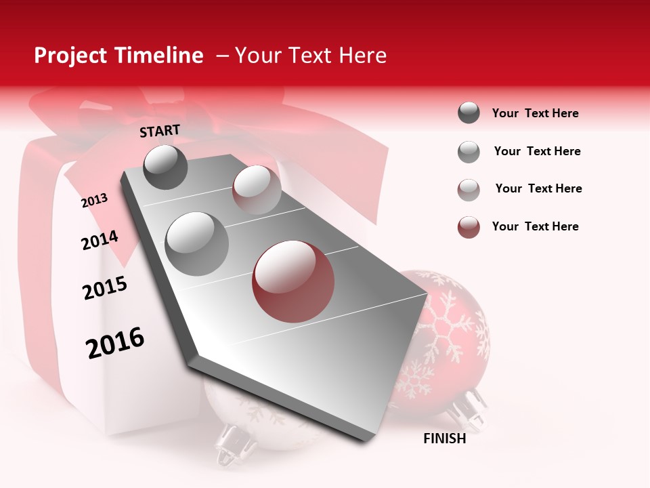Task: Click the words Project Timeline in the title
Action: point(118,56)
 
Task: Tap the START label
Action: point(160,131)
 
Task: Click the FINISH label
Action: point(444,439)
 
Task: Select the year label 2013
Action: point(94,201)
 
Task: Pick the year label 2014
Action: point(100,241)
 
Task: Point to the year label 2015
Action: point(105,289)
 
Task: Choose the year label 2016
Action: point(115,343)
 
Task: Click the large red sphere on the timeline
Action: point(293,281)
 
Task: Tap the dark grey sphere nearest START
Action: point(165,167)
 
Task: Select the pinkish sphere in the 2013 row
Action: point(257,190)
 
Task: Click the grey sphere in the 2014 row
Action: point(196,243)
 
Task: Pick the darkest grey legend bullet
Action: point(469,113)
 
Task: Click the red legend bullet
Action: point(469,227)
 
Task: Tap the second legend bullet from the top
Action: point(469,152)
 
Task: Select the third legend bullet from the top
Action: point(469,189)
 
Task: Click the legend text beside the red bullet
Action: point(535,226)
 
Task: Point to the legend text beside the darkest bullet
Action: point(535,113)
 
